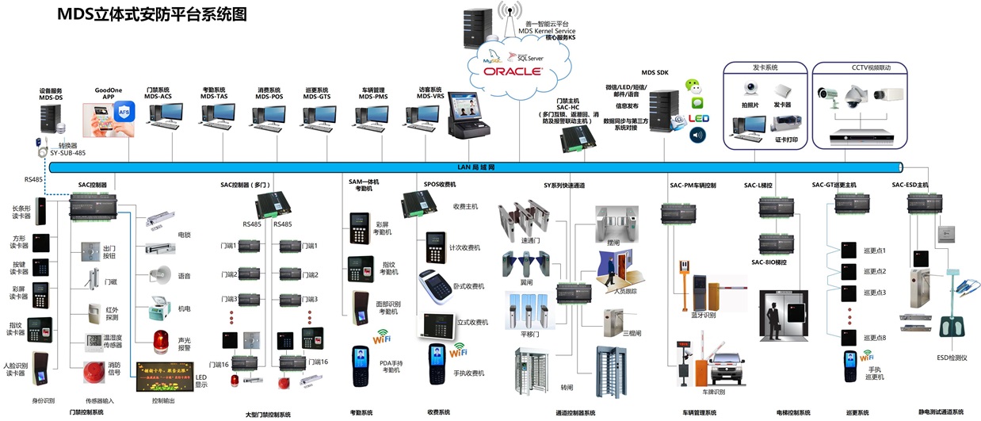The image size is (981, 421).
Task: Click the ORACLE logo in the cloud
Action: [x=507, y=71]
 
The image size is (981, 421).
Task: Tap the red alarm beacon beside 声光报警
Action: [x=161, y=340]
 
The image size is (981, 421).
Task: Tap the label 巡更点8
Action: [x=872, y=338]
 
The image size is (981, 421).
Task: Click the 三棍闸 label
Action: [x=632, y=334]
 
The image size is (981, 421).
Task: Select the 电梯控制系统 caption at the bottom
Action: [x=793, y=412]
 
